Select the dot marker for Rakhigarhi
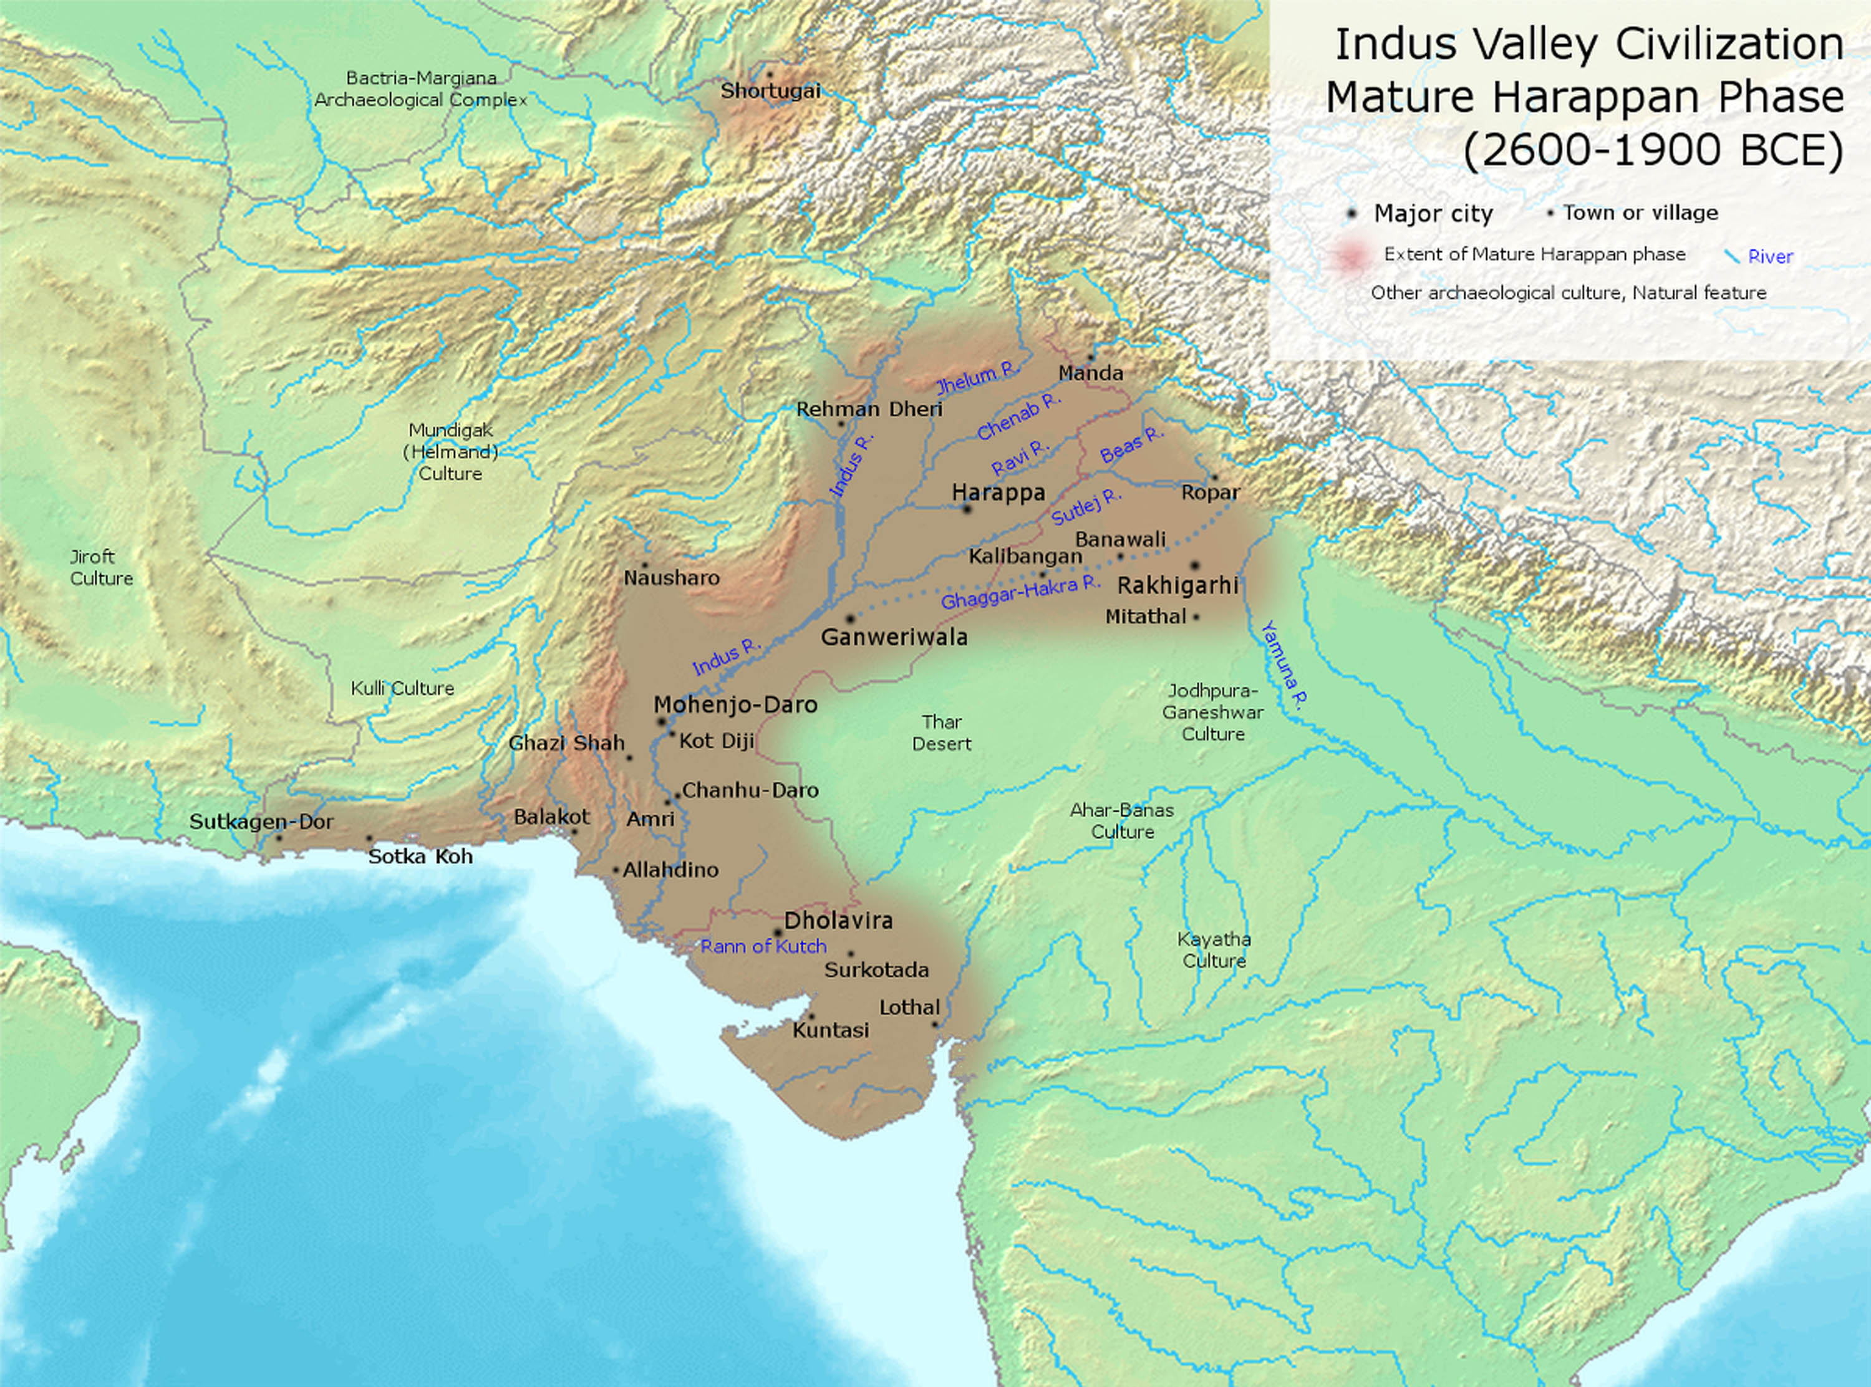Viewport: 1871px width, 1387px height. [x=1194, y=566]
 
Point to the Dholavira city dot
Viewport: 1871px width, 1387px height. [x=778, y=933]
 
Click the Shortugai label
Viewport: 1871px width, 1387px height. [x=770, y=90]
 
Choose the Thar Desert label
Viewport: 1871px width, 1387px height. [x=941, y=732]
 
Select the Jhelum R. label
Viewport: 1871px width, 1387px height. [x=976, y=378]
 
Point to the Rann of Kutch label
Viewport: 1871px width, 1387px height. [x=763, y=946]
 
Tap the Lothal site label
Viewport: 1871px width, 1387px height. [x=909, y=1007]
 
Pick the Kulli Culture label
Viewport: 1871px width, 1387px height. [x=402, y=688]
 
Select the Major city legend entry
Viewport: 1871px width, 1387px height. [x=1433, y=213]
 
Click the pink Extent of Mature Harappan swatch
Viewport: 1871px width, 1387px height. [x=1351, y=256]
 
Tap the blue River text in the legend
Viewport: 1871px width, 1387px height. [x=1769, y=257]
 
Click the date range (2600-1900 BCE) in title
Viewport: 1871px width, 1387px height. [x=1653, y=150]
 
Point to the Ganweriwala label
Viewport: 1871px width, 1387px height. [x=894, y=637]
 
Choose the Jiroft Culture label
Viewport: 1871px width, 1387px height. [x=101, y=567]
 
